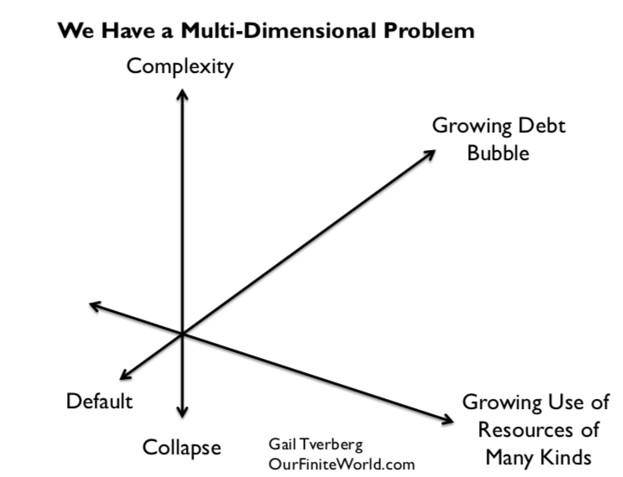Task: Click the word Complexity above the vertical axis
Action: (x=179, y=67)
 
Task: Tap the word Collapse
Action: (x=181, y=448)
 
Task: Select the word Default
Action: (x=100, y=401)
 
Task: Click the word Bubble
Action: (x=498, y=153)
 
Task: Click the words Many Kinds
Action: (x=540, y=458)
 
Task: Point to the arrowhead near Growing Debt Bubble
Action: (x=430, y=153)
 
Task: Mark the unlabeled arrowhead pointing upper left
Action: (x=95, y=306)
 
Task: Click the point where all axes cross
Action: (x=182, y=334)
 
